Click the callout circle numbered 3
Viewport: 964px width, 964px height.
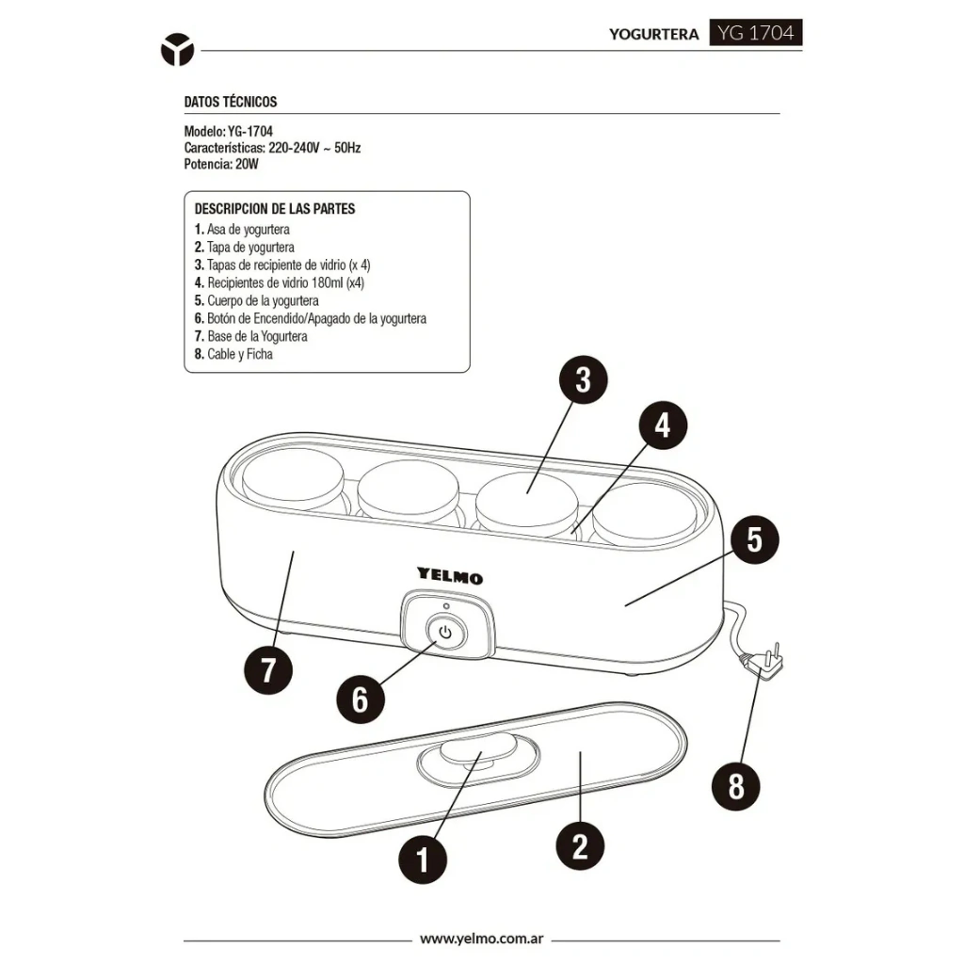[x=584, y=379]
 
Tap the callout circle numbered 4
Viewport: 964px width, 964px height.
[x=663, y=426]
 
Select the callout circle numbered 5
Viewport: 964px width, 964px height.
[x=754, y=539]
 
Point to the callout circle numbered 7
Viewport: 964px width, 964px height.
[x=268, y=669]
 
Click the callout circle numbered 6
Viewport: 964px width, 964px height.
[x=361, y=699]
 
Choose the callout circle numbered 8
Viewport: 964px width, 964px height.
[x=736, y=786]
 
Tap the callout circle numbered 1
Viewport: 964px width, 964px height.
[x=423, y=859]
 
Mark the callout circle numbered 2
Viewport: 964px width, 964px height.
[x=580, y=846]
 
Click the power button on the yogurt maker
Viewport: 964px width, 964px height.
[x=445, y=633]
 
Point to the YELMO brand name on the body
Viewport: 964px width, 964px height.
[x=450, y=575]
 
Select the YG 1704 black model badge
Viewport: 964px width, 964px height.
[x=756, y=32]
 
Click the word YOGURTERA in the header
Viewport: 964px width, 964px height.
[x=653, y=35]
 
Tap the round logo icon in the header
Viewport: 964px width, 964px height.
[x=177, y=50]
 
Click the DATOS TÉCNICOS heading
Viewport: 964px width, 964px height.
[x=231, y=102]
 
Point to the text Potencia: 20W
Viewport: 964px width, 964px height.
[x=221, y=164]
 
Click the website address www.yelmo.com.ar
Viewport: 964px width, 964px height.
[x=481, y=939]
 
